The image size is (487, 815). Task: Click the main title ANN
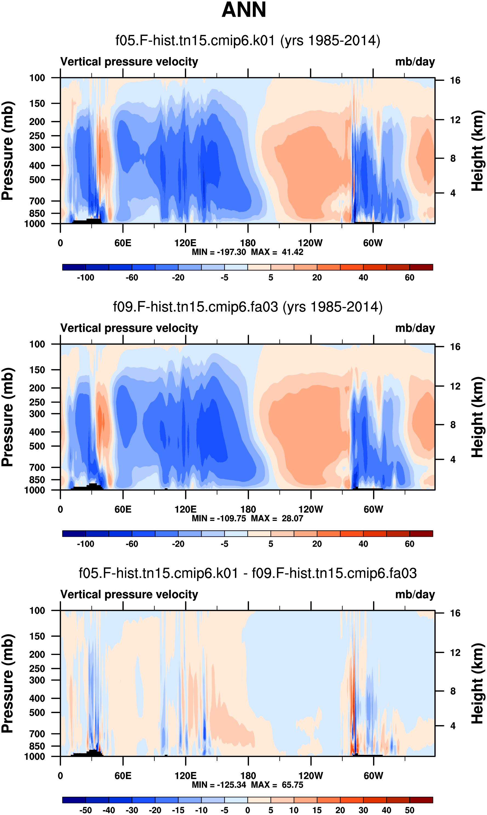point(244,10)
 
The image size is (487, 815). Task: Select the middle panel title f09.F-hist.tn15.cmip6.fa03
point(196,307)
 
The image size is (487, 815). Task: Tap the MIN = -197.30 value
point(219,252)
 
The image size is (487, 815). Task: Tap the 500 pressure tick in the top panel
point(37,180)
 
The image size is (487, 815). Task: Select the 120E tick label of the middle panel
point(185,510)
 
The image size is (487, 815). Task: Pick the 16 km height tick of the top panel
point(455,80)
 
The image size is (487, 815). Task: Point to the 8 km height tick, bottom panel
point(453,691)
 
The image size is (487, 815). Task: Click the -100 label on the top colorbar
point(86,278)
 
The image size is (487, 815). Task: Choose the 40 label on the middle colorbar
point(363,544)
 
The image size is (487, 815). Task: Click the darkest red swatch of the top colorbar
point(421,267)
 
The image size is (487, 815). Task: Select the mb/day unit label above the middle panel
point(415,328)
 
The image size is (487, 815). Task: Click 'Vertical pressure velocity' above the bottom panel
point(129,595)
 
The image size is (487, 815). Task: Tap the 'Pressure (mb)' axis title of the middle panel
point(7,417)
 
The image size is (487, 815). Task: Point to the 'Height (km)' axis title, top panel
point(477,151)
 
